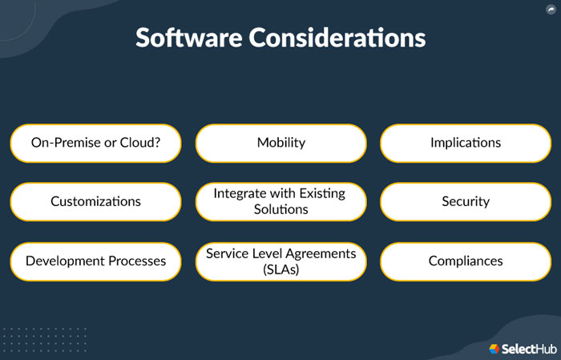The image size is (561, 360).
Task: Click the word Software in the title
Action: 190,38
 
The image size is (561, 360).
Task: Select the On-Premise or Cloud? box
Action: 95,143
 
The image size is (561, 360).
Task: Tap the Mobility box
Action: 280,143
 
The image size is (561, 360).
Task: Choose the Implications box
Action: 465,143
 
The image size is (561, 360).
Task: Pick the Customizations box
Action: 95,201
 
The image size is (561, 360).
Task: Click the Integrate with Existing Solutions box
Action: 280,201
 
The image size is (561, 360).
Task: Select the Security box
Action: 465,201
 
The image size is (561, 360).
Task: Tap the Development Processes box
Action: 95,261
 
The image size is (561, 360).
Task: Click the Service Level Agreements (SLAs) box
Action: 280,261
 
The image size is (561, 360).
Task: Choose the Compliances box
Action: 465,261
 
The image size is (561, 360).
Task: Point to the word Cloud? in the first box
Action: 141,143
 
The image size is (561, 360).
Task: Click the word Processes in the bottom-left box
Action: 136,261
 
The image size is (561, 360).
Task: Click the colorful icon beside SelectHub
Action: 494,348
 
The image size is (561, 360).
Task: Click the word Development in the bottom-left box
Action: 65,261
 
